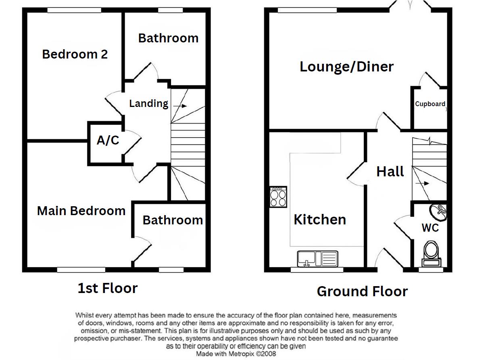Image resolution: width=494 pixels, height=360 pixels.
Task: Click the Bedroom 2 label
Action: pyautogui.click(x=75, y=54)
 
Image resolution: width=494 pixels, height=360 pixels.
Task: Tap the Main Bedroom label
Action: pyautogui.click(x=81, y=211)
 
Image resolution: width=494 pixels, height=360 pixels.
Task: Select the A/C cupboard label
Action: pyautogui.click(x=108, y=140)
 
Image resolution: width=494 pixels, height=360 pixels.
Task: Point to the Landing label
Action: pyautogui.click(x=149, y=103)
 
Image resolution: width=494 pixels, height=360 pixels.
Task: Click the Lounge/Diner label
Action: pyautogui.click(x=347, y=67)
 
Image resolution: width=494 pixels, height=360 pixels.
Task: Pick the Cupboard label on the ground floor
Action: pyautogui.click(x=430, y=104)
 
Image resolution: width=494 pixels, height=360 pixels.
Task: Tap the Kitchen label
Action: pyautogui.click(x=320, y=220)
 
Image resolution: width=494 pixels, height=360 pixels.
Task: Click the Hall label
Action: pyautogui.click(x=390, y=172)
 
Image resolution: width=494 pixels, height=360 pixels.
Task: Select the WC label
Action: pyautogui.click(x=430, y=228)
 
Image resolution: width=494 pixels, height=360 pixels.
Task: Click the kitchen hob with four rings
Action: pyautogui.click(x=278, y=197)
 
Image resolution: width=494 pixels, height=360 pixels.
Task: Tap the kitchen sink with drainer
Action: pyautogui.click(x=318, y=259)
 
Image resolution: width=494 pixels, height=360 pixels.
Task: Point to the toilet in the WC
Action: pyautogui.click(x=431, y=254)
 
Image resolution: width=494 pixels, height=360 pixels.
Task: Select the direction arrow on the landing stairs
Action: pyautogui.click(x=180, y=106)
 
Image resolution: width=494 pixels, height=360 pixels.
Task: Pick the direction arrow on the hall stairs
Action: pyautogui.click(x=422, y=183)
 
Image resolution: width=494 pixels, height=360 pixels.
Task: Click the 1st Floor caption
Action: pyautogui.click(x=108, y=288)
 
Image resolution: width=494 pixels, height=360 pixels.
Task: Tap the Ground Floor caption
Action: pyautogui.click(x=363, y=291)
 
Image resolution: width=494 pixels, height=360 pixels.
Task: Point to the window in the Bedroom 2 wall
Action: pyautogui.click(x=74, y=10)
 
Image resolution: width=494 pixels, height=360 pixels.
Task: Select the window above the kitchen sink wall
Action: pyautogui.click(x=317, y=270)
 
